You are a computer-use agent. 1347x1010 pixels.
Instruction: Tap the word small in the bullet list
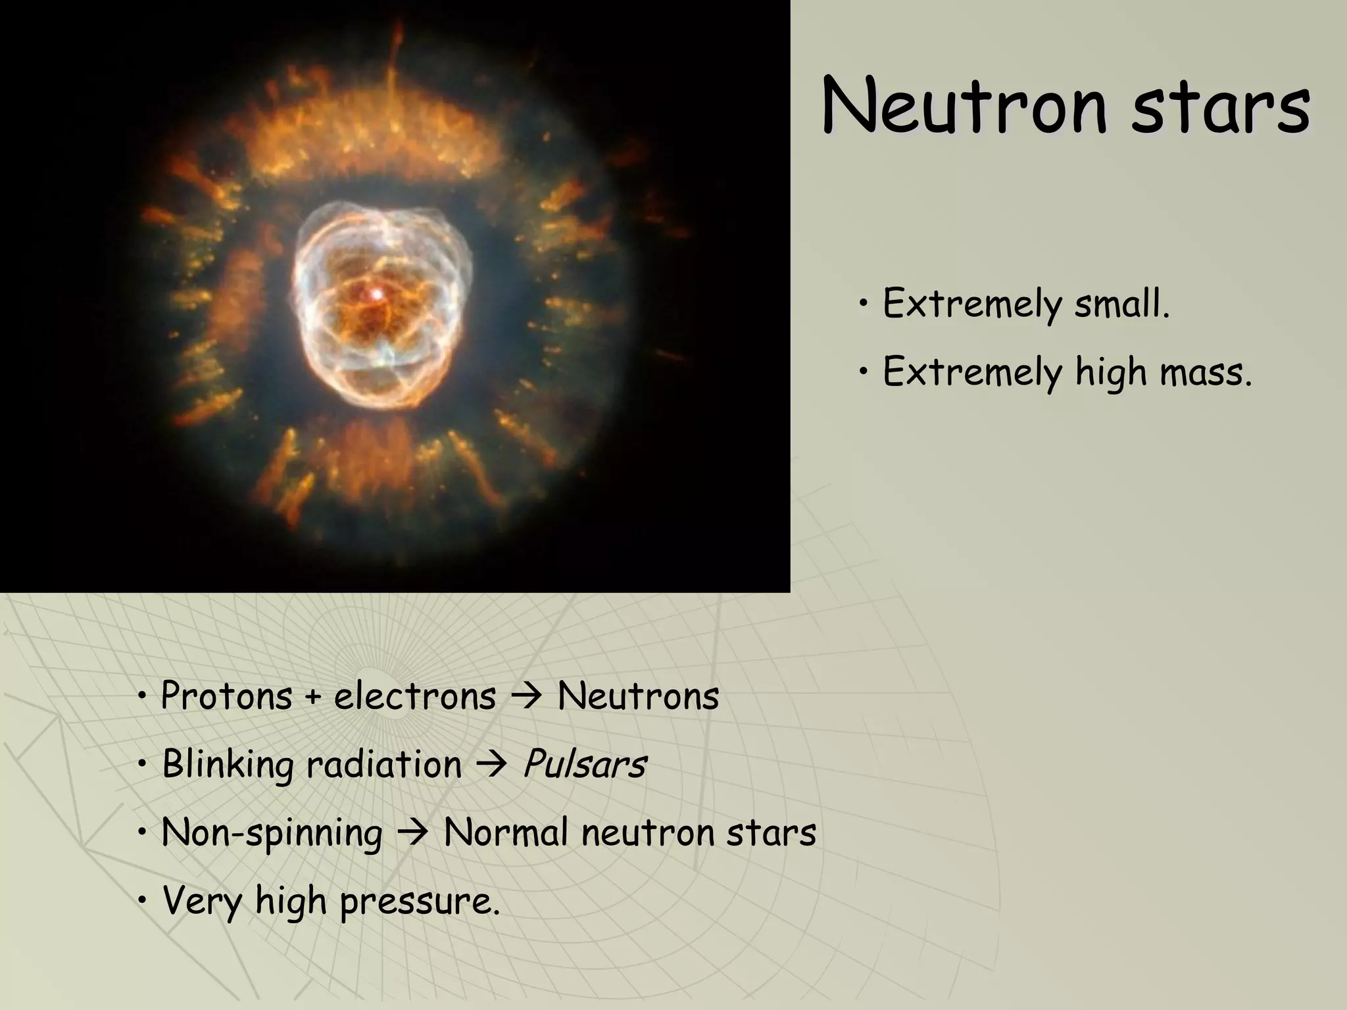[x=1122, y=304]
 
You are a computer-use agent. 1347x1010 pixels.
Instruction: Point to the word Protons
[x=226, y=696]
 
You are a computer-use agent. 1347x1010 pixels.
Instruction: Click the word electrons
[x=415, y=696]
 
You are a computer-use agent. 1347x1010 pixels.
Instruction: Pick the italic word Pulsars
[x=584, y=765]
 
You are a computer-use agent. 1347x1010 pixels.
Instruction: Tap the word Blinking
[x=228, y=765]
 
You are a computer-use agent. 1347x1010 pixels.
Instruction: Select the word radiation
[x=384, y=765]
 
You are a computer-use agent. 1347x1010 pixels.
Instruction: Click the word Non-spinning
[x=272, y=833]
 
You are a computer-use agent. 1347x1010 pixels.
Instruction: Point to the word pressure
[x=420, y=902]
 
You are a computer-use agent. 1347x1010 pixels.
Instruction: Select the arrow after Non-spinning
[x=413, y=834]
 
